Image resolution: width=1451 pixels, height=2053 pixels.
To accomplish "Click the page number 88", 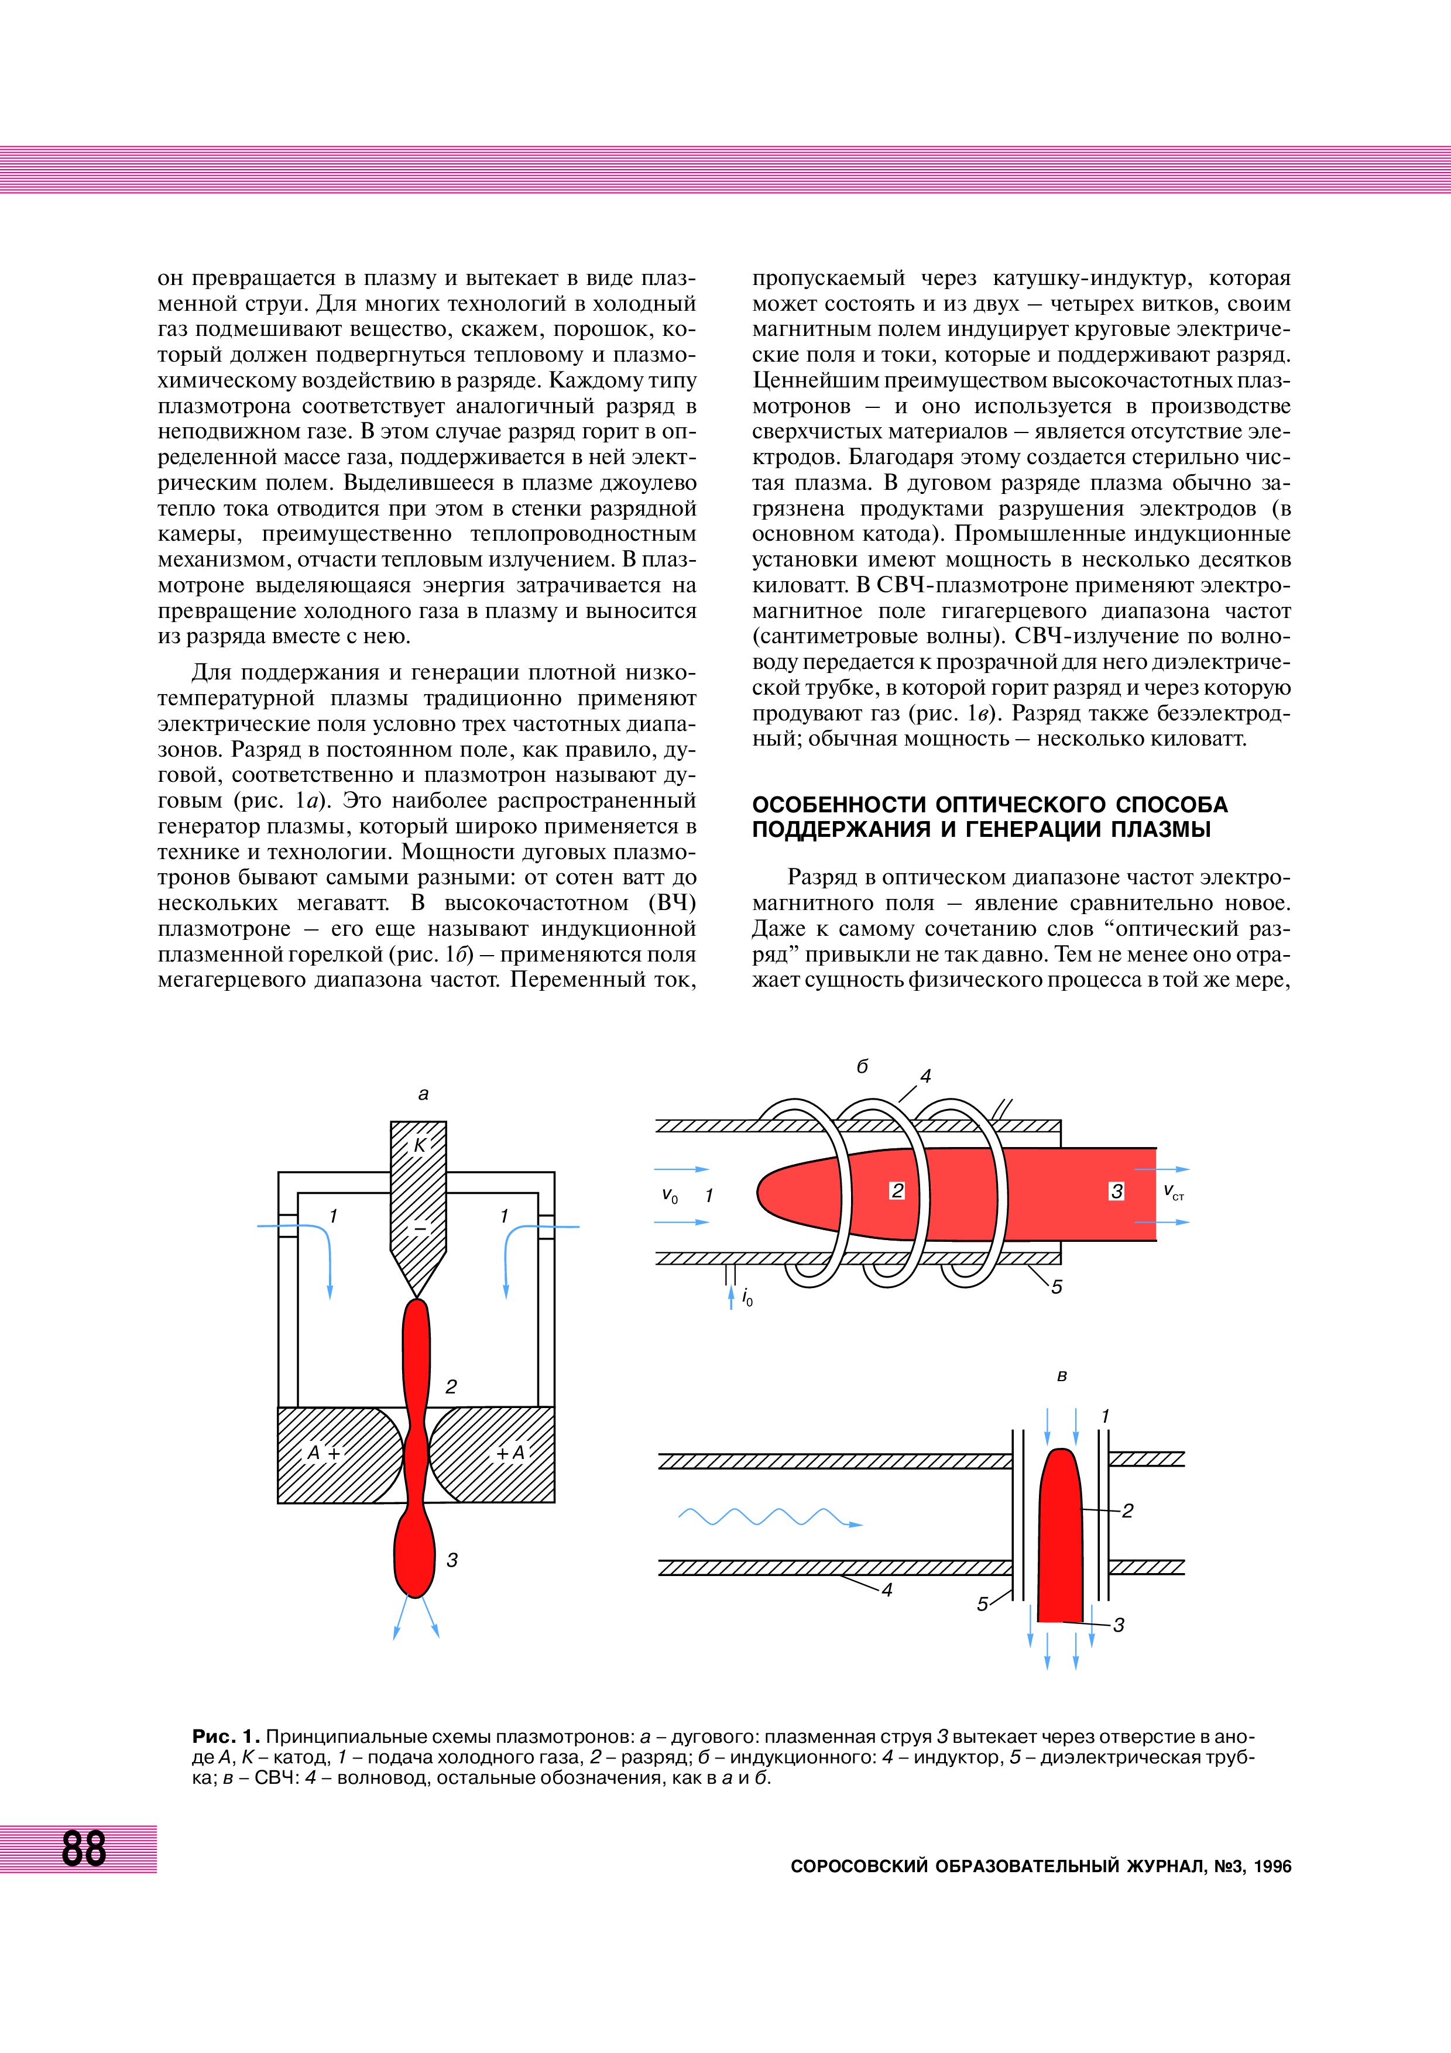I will pyautogui.click(x=84, y=1848).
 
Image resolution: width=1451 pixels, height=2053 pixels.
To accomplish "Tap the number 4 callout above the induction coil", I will pyautogui.click(x=925, y=1077).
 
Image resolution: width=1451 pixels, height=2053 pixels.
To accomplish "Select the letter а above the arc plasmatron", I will pyautogui.click(x=424, y=1094).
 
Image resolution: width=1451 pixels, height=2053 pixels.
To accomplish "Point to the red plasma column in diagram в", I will pyautogui.click(x=1061, y=1538).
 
